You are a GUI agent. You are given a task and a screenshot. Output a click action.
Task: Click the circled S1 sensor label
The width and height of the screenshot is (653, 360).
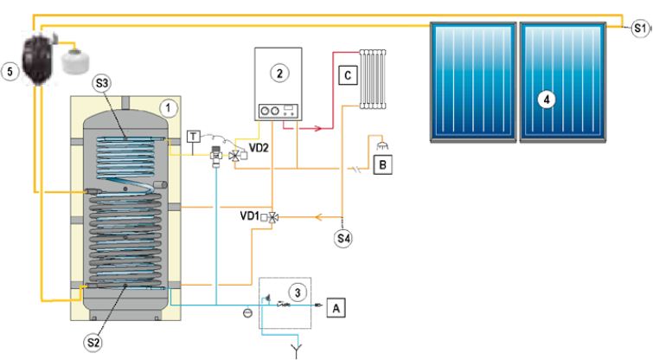[640, 29]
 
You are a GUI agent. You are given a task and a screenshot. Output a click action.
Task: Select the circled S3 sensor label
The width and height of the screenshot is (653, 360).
[101, 83]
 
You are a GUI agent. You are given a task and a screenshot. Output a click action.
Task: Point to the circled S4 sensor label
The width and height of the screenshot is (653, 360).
[343, 238]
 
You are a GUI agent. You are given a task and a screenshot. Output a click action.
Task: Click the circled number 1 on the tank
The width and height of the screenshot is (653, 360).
[169, 108]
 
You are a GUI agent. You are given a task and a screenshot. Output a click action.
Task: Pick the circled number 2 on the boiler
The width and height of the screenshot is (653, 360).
[279, 74]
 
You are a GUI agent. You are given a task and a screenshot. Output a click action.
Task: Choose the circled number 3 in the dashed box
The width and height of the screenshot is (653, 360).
[298, 292]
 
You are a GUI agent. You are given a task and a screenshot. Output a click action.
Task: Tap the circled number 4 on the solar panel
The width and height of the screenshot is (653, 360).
[547, 100]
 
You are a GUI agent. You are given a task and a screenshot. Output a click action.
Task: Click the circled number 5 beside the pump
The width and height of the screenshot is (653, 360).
[10, 72]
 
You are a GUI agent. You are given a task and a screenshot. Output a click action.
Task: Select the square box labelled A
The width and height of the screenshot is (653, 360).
[336, 308]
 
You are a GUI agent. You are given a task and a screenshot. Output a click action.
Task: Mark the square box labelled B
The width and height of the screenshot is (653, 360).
[383, 164]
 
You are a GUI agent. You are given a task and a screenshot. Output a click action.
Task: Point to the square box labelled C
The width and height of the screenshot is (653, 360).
[348, 75]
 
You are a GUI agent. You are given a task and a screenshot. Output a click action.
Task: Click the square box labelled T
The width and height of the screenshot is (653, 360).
[193, 136]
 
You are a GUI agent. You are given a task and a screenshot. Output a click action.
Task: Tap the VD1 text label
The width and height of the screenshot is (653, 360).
[249, 215]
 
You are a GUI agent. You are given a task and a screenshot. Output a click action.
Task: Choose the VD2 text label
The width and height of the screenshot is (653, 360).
[259, 147]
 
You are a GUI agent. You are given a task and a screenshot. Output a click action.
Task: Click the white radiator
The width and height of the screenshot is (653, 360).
[373, 79]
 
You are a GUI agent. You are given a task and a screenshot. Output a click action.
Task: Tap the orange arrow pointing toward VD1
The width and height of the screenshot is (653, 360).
[319, 217]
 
